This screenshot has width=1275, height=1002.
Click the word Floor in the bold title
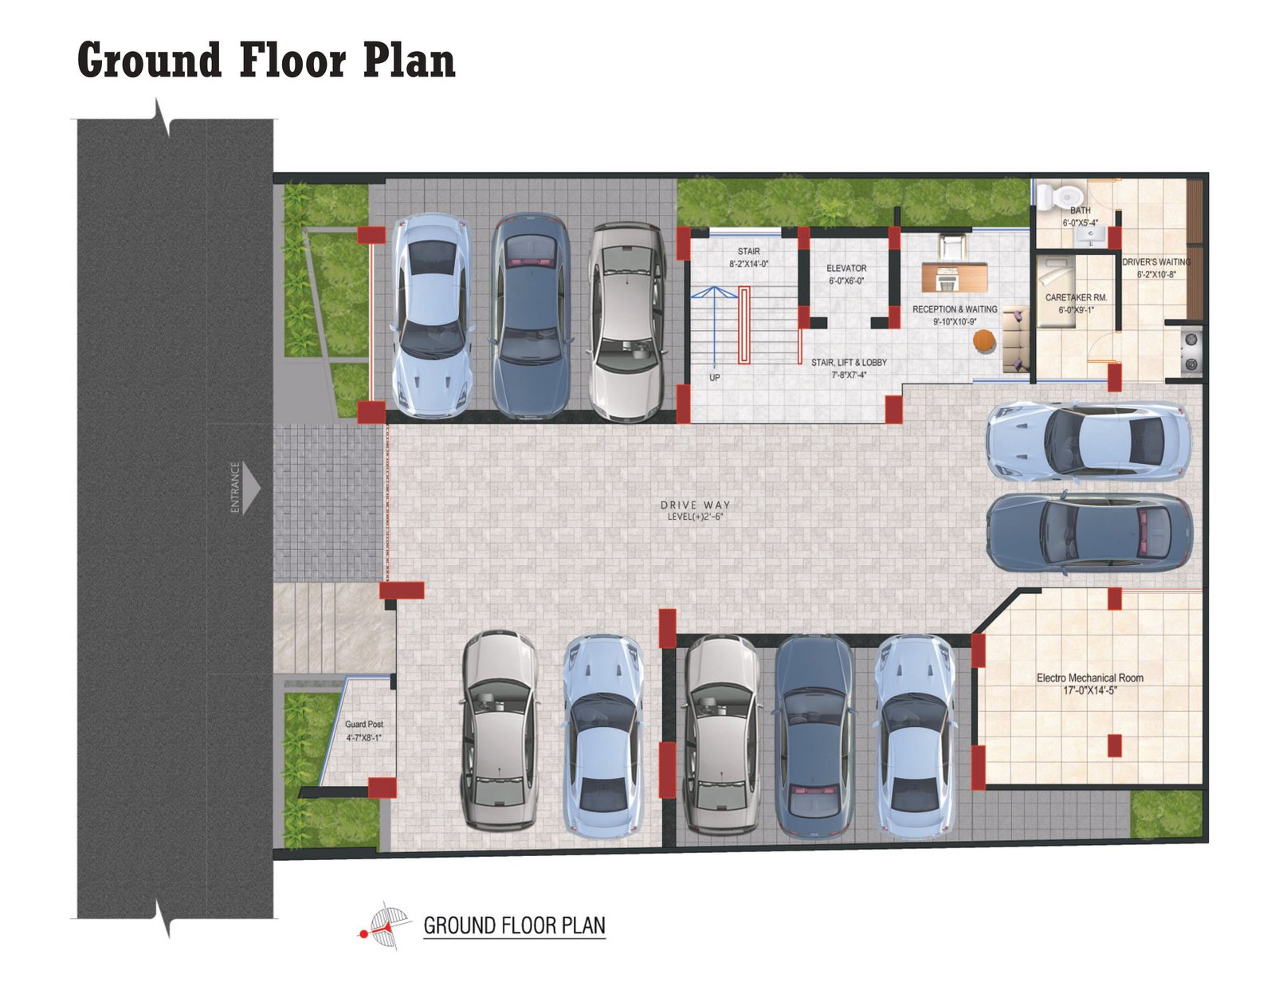[292, 60]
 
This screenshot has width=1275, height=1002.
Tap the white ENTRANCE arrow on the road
[250, 488]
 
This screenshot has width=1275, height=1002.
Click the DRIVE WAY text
[696, 505]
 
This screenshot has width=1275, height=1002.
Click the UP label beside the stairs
[714, 377]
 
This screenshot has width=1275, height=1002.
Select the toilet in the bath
[1058, 197]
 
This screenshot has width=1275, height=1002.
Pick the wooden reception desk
[954, 277]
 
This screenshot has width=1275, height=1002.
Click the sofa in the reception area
[1015, 340]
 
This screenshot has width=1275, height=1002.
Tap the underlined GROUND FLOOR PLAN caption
[514, 925]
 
